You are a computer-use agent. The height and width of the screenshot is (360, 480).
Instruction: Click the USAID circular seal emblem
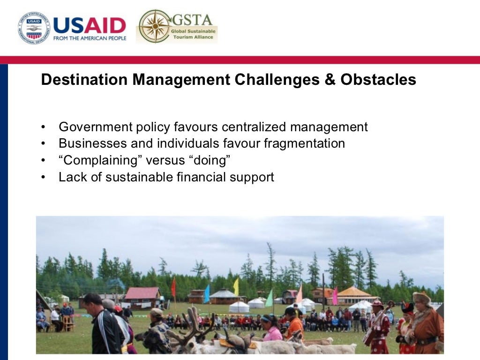coord(33,28)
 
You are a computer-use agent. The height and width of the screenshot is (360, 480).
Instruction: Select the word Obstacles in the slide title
coord(378,80)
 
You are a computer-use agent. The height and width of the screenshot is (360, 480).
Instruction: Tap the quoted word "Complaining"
coord(100,160)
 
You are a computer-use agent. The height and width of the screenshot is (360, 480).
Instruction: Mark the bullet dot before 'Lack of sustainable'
coord(44,178)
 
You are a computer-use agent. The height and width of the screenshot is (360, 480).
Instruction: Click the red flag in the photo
coord(173,287)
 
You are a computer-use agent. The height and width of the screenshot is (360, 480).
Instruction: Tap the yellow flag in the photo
coord(236,286)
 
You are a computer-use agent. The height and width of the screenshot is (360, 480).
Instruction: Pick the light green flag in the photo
coord(269,298)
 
